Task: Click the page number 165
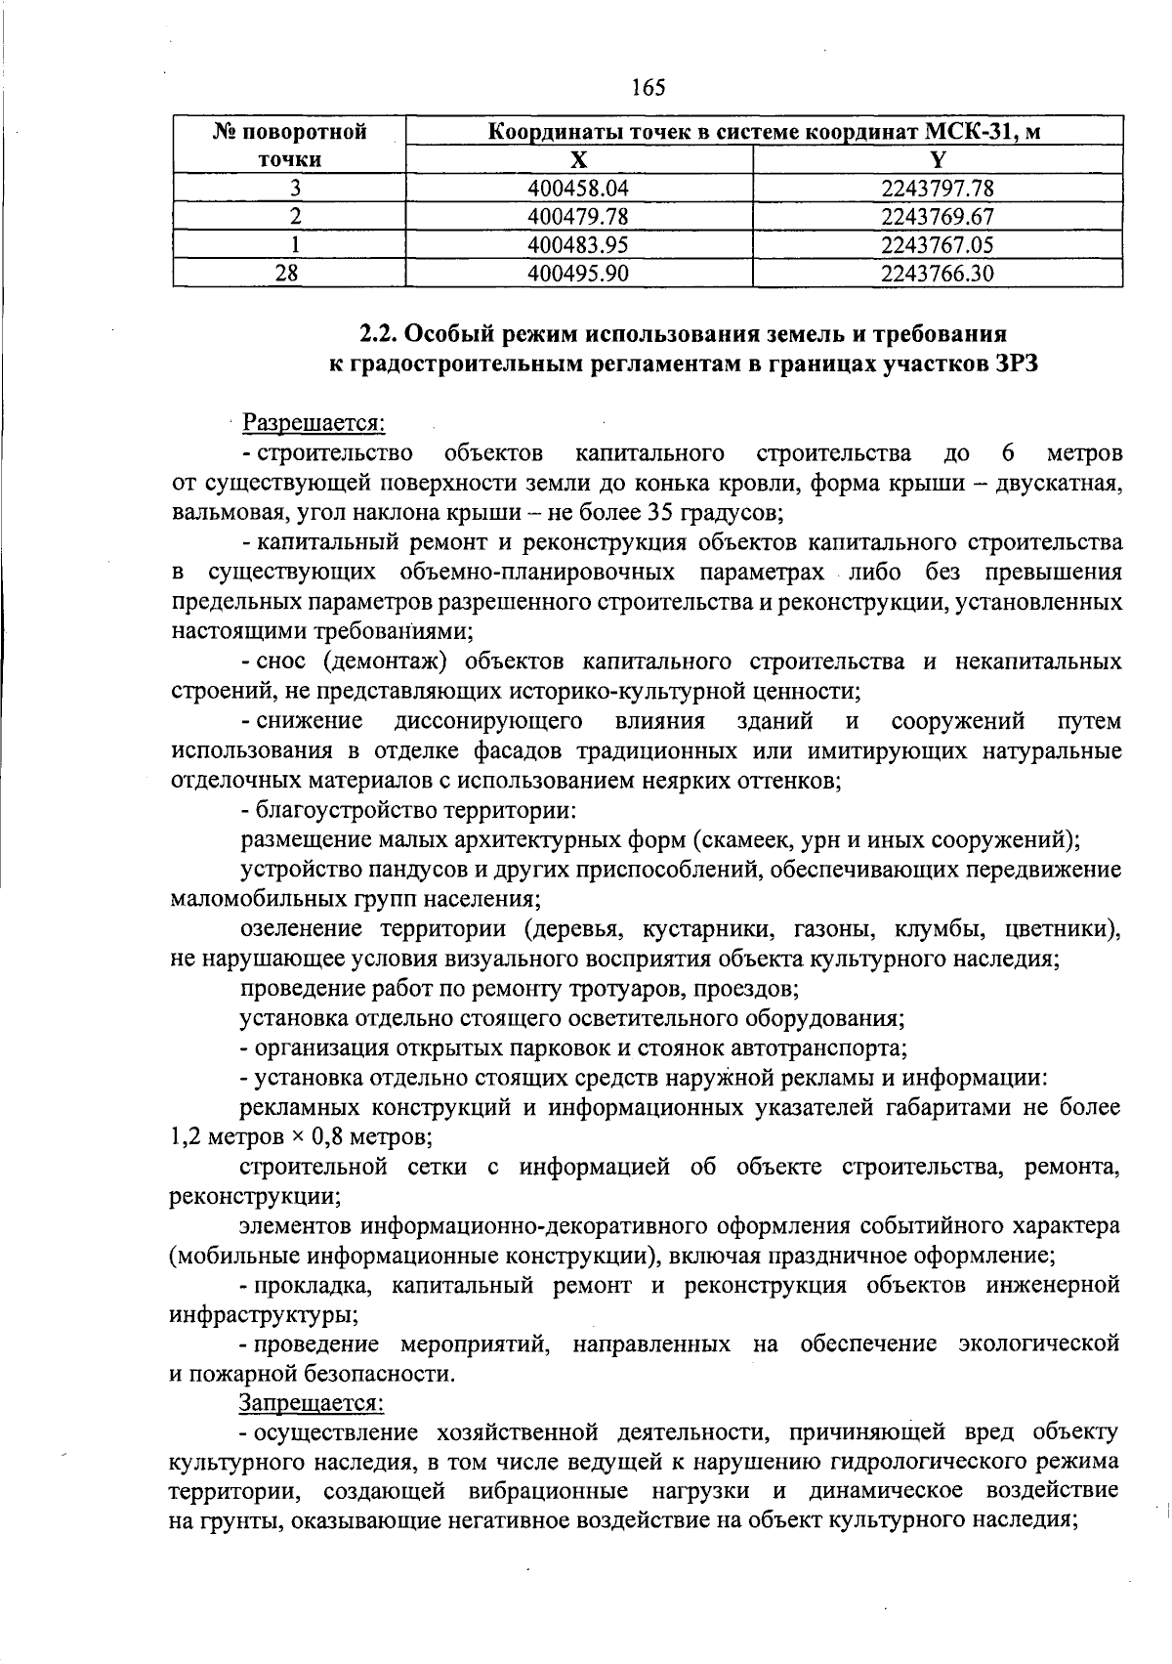649,88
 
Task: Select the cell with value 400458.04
578,189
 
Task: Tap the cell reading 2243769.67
937,217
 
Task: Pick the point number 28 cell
287,274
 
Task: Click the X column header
578,160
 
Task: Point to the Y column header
937,160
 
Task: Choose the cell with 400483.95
578,245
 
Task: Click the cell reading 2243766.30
937,274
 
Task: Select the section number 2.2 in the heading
376,333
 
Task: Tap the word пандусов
394,869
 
